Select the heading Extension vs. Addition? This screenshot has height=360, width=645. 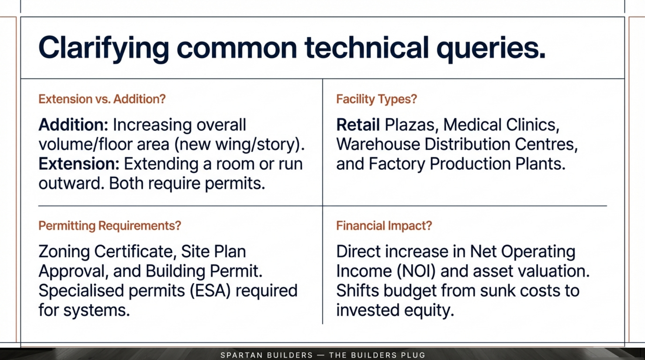tap(102, 99)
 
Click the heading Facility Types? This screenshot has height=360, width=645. tap(376, 99)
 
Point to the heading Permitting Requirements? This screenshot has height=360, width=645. tap(110, 226)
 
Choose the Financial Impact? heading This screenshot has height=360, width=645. tap(384, 226)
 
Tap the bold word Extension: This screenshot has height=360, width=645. tap(79, 164)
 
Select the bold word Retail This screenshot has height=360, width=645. tap(358, 125)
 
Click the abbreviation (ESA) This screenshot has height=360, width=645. tap(210, 291)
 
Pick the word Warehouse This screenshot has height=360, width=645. tap(378, 144)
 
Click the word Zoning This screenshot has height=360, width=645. tap(64, 252)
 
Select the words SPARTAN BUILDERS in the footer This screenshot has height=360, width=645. tap(267, 355)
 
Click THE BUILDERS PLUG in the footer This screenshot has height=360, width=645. tap(377, 355)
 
